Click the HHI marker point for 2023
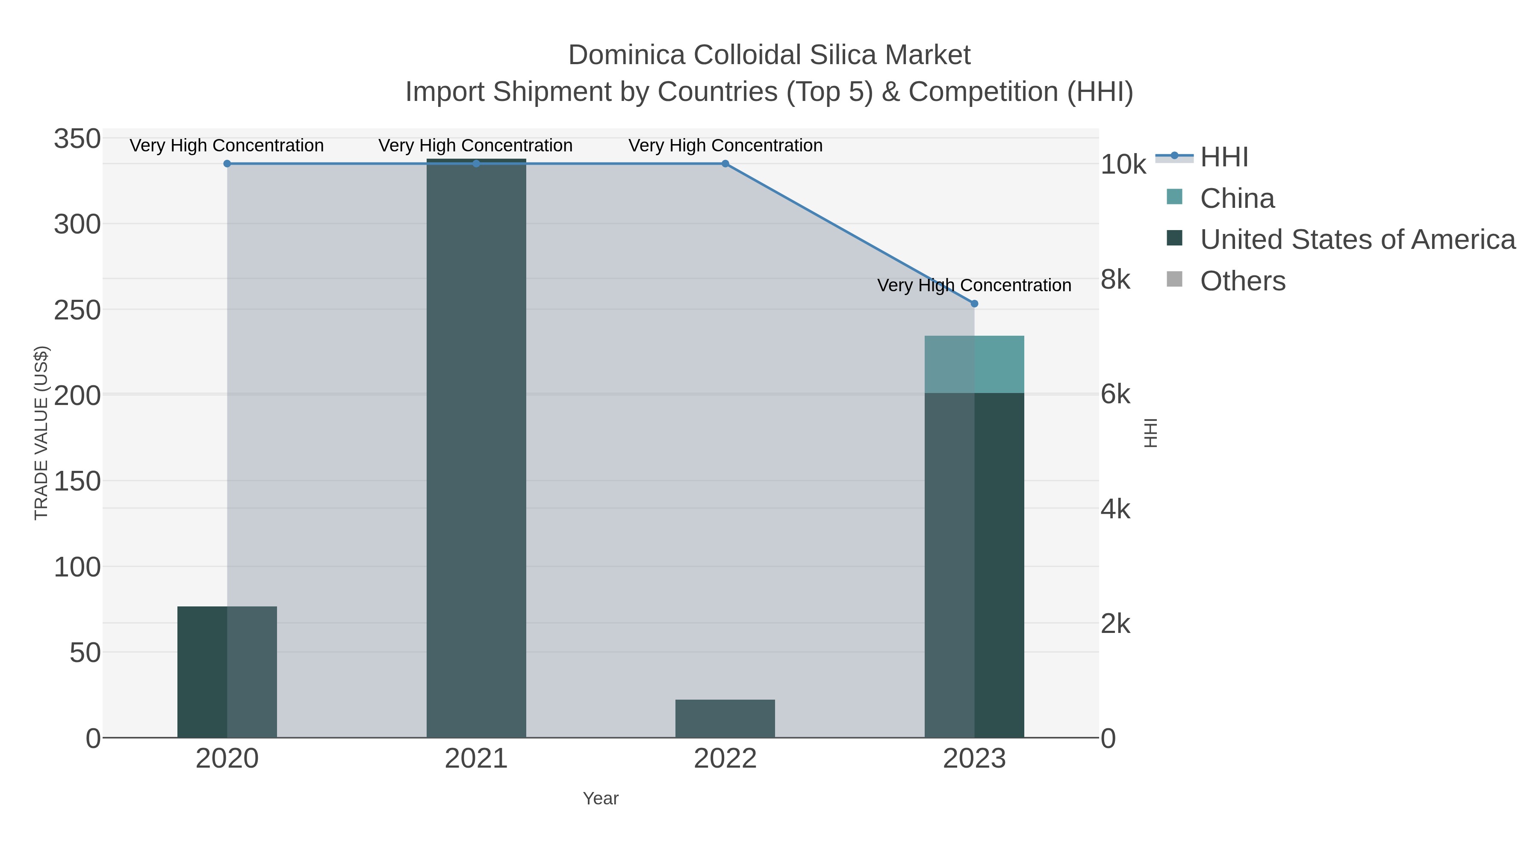pyautogui.click(x=974, y=304)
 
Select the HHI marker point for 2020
pyautogui.click(x=227, y=164)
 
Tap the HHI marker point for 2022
pyautogui.click(x=725, y=164)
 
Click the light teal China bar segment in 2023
pyautogui.click(x=974, y=364)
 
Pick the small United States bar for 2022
pyautogui.click(x=725, y=718)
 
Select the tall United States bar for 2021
pyautogui.click(x=476, y=448)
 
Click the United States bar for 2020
pyautogui.click(x=227, y=672)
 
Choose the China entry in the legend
pyautogui.click(x=1237, y=198)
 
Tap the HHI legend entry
pyautogui.click(x=1224, y=157)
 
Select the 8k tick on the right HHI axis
pyautogui.click(x=1115, y=279)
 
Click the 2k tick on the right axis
pyautogui.click(x=1115, y=624)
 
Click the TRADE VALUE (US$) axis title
pyautogui.click(x=41, y=433)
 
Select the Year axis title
pyautogui.click(x=601, y=798)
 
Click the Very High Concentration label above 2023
pyautogui.click(x=974, y=286)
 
